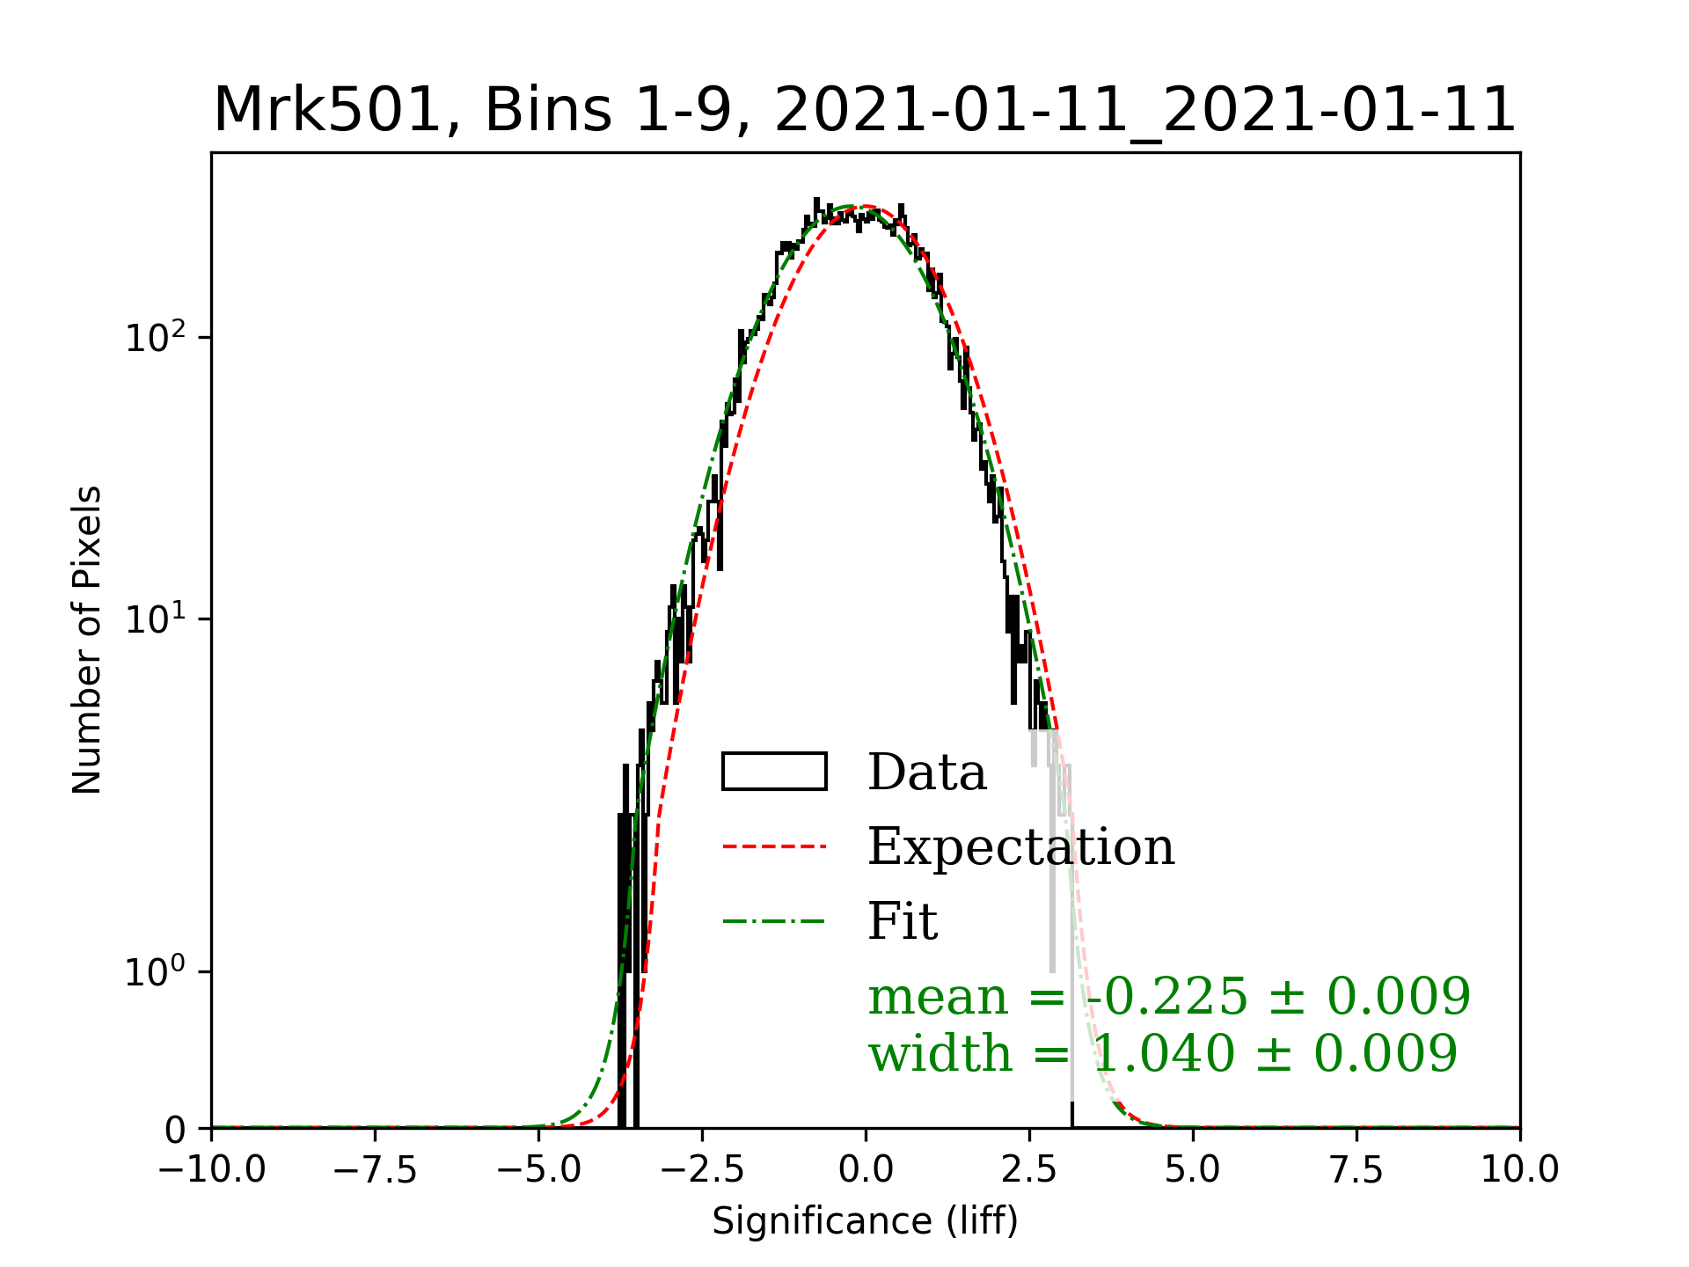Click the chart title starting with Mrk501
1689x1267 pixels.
(865, 111)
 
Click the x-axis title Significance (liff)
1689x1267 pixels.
(865, 1221)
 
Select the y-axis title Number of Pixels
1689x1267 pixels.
(87, 640)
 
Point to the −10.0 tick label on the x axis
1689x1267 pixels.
(211, 1170)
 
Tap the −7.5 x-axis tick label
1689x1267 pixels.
(375, 1170)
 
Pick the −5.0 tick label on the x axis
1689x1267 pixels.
(538, 1170)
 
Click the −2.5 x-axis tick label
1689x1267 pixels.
(702, 1170)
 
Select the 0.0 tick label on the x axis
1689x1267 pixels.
(866, 1170)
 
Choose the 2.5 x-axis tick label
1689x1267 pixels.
(1029, 1170)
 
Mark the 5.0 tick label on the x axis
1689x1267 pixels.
(1193, 1170)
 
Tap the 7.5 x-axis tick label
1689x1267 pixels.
(1356, 1170)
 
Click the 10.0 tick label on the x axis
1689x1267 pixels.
(1520, 1170)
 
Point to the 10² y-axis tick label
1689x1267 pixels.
(156, 338)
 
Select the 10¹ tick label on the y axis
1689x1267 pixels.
(156, 619)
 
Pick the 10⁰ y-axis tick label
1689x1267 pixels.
(156, 971)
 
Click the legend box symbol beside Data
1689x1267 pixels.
(774, 772)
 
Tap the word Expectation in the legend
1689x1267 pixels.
(1020, 846)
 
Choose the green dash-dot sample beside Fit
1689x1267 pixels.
(774, 922)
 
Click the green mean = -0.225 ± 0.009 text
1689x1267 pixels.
(1169, 996)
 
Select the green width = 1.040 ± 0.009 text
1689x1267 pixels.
(1163, 1053)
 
